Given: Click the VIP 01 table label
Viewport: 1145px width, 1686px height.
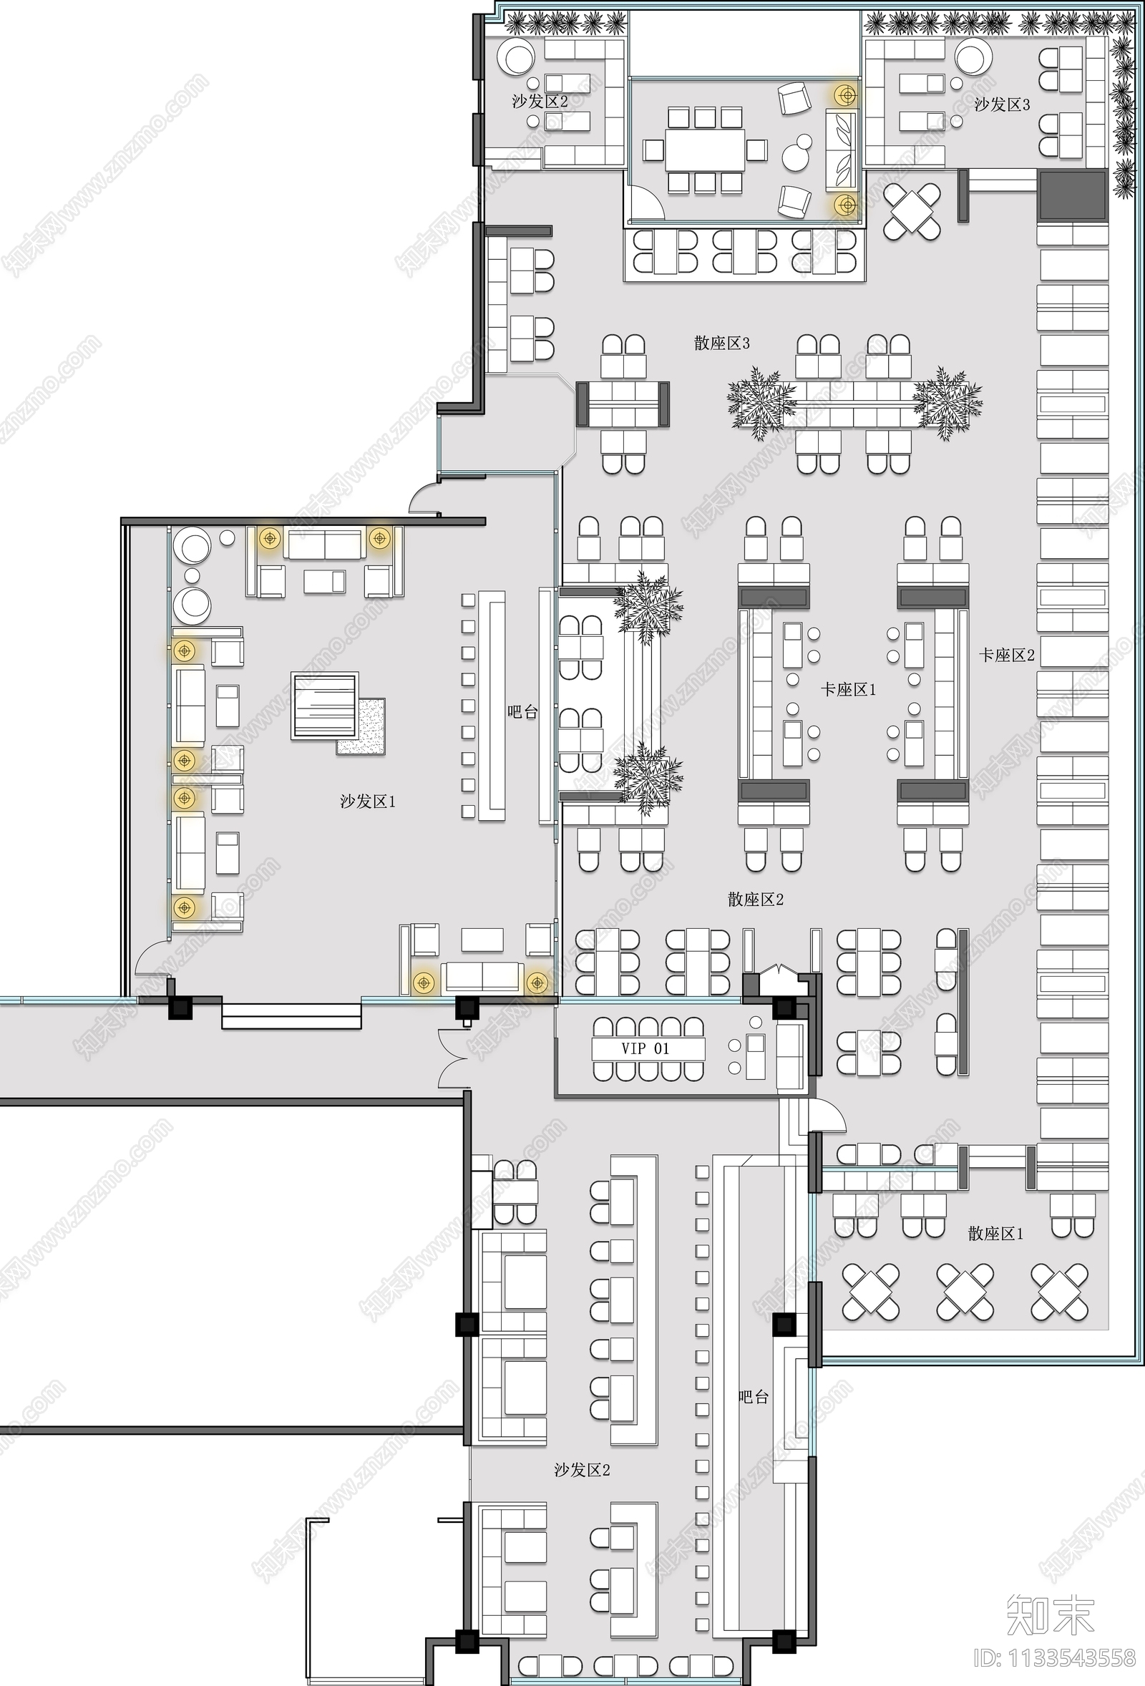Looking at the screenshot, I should click(645, 1048).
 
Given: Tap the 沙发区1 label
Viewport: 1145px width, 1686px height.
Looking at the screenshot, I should click(368, 801).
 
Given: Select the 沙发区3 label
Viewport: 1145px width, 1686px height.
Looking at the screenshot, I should click(1001, 104).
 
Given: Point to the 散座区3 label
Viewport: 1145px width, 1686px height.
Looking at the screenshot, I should click(721, 343).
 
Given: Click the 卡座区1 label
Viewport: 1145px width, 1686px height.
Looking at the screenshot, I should click(848, 689).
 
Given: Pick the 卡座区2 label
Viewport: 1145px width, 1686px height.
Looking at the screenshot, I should click(1006, 655).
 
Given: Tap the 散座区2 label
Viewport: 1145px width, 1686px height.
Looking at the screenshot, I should click(756, 900).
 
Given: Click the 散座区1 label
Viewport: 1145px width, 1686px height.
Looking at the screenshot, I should click(995, 1233).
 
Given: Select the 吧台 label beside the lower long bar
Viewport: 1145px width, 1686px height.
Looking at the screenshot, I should click(752, 1397).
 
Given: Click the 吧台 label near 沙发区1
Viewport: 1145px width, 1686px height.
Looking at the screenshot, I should click(522, 712).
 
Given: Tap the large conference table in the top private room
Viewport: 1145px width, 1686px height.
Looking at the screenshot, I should click(706, 150).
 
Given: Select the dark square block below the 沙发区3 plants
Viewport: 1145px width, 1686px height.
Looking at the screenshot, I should click(1073, 197).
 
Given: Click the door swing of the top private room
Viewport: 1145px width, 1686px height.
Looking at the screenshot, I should click(645, 203).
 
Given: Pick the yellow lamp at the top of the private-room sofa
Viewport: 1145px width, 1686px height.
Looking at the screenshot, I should click(844, 94).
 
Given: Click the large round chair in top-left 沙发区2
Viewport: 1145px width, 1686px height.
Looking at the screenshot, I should click(518, 58).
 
